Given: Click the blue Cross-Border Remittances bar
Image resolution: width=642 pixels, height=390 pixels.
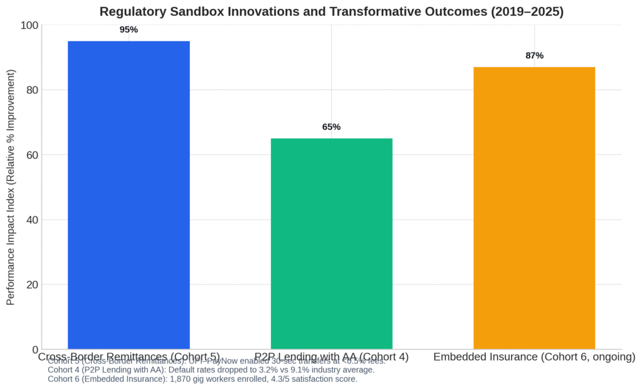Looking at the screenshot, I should click(x=129, y=195).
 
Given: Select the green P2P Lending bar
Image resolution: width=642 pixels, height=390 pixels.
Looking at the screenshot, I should click(x=331, y=244).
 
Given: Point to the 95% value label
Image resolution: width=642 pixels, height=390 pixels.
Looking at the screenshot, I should click(x=129, y=29).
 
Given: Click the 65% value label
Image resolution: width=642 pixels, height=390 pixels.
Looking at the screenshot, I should click(x=331, y=127).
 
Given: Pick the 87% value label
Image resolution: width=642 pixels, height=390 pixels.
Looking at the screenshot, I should click(x=534, y=56).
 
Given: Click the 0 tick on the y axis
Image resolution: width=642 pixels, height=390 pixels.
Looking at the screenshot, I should click(x=34, y=349).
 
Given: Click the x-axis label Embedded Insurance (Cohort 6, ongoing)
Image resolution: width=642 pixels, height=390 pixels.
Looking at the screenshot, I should click(x=534, y=357).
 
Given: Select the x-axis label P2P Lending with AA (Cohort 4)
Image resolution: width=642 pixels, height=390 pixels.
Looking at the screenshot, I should click(x=331, y=357).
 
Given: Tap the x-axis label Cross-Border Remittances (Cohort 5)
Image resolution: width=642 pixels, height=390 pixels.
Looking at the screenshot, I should click(x=129, y=357).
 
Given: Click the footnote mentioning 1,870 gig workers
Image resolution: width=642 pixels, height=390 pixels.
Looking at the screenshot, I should click(x=203, y=379).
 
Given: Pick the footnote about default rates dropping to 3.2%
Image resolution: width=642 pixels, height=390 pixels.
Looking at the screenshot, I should click(x=211, y=370).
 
